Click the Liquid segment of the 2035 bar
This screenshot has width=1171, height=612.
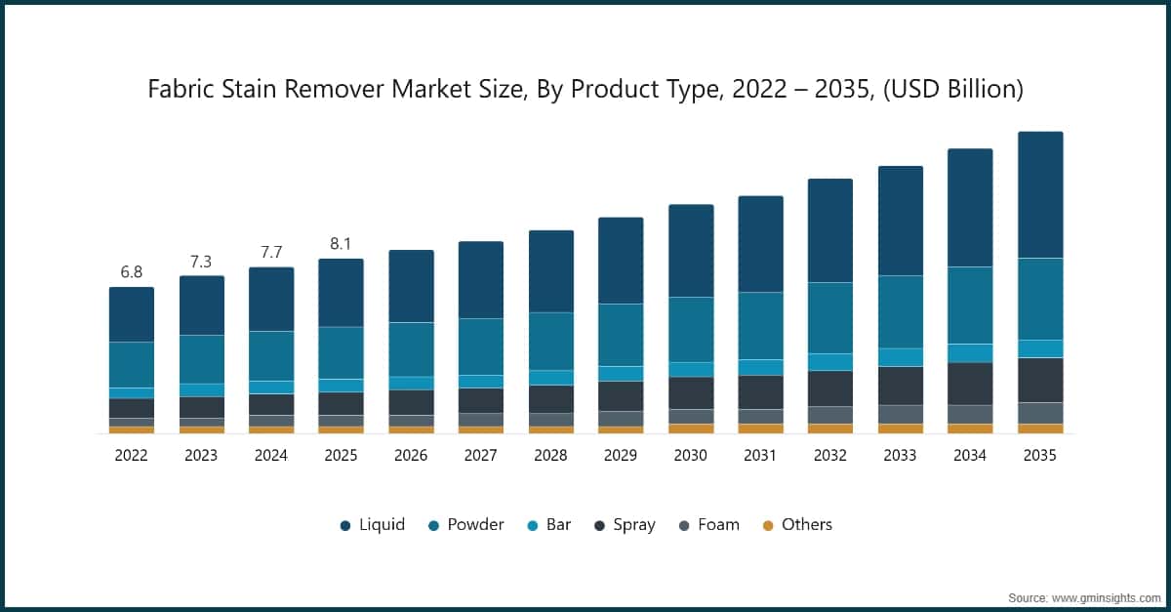(1040, 194)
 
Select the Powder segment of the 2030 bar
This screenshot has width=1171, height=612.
(691, 329)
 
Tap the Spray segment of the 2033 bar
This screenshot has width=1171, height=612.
(901, 386)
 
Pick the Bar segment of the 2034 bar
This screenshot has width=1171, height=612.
(970, 352)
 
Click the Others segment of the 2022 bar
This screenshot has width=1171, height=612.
(132, 429)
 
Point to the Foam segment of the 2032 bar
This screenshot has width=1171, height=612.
(830, 415)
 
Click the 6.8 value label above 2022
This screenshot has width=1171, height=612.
(132, 272)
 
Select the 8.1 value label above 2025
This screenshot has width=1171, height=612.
(341, 244)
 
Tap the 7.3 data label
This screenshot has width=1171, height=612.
(201, 261)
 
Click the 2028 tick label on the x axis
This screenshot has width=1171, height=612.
(550, 455)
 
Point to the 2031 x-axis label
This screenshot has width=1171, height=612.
(760, 455)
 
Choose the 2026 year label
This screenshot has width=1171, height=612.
(411, 455)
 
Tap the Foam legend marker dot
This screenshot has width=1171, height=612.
(684, 525)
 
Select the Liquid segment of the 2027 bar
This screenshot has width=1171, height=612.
(481, 279)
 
